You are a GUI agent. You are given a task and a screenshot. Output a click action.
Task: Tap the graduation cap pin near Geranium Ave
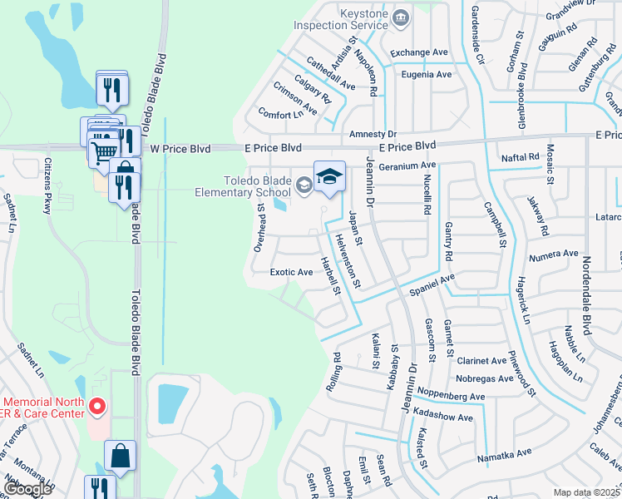[329, 175]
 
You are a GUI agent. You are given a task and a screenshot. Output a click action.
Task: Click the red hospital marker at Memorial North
[97, 407]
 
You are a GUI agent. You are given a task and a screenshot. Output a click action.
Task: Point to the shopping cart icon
[103, 151]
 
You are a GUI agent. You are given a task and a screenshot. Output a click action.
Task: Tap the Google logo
[27, 489]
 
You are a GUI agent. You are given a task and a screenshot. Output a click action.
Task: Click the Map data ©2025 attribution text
[586, 492]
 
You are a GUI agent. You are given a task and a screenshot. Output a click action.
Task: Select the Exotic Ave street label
[291, 272]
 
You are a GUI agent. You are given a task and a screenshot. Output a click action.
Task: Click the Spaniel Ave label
[432, 285]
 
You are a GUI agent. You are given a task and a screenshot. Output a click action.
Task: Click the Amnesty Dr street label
[373, 134]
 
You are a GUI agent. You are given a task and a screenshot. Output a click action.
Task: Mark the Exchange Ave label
[419, 52]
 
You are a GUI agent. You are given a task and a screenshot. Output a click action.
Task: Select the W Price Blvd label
[178, 148]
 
